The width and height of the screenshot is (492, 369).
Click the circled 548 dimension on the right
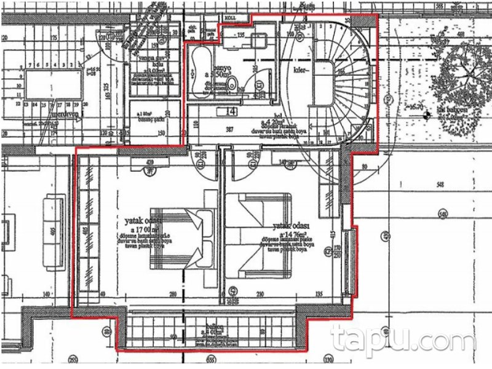coord(441,213)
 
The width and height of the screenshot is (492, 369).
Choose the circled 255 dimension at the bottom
coord(73,359)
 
